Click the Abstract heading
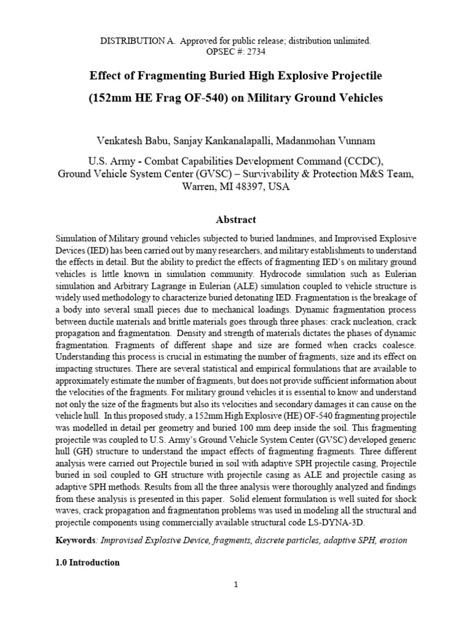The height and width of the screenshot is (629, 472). pyautogui.click(x=236, y=219)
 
